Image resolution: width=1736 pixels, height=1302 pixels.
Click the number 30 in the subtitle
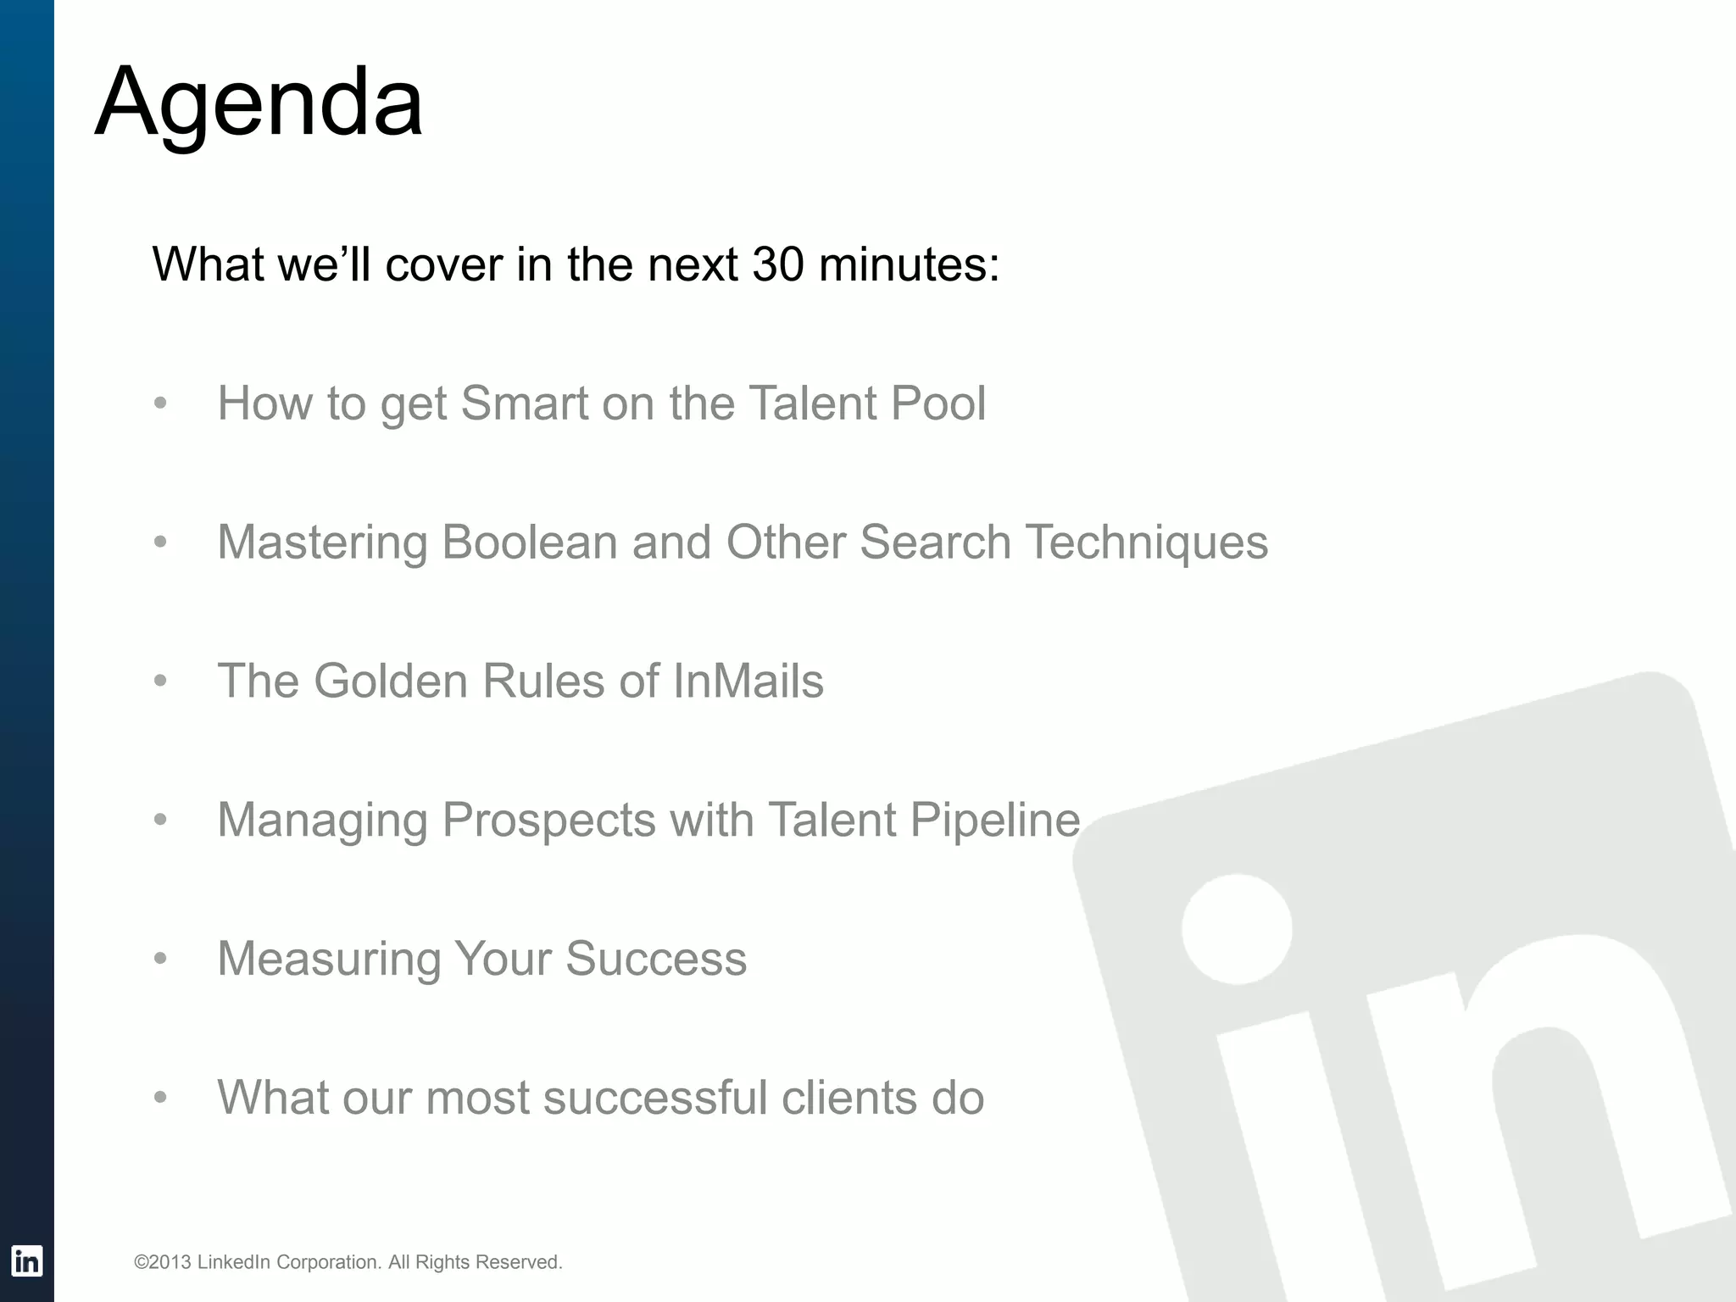[777, 264]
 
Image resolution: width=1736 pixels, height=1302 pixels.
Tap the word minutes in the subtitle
[909, 264]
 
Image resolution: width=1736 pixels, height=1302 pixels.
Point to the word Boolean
[529, 542]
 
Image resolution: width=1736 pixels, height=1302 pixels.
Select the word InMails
[748, 681]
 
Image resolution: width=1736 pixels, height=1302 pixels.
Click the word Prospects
[548, 820]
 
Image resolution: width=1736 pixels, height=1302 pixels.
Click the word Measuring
[329, 960]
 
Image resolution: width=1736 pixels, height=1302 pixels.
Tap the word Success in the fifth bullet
[655, 959]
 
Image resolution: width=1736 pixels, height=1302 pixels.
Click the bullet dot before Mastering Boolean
[160, 542]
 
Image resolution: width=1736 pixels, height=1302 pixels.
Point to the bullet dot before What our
[160, 1099]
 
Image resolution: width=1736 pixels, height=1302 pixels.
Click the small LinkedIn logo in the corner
[26, 1261]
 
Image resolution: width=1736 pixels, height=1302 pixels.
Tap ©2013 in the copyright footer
[162, 1262]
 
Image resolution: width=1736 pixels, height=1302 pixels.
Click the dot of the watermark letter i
[1237, 929]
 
